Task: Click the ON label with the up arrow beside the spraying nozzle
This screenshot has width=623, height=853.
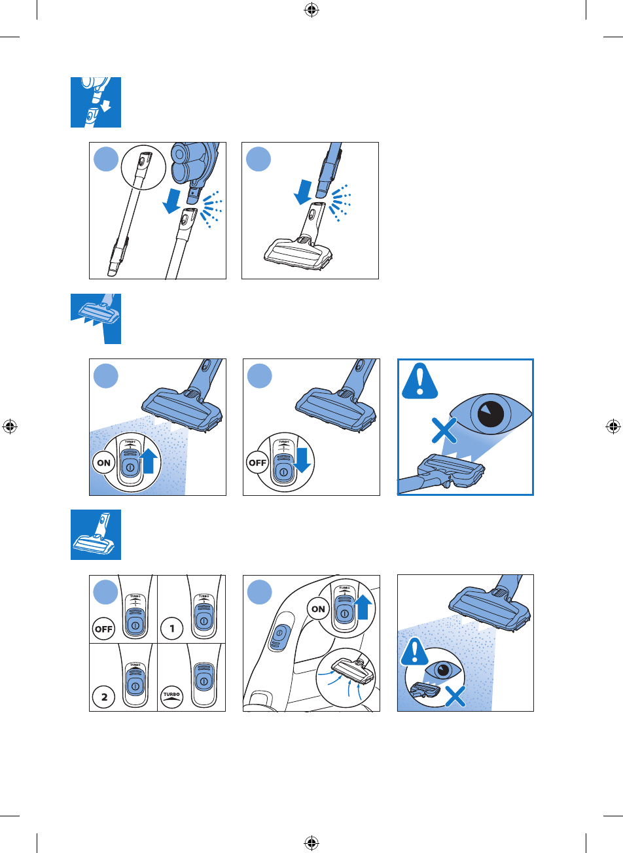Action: coord(103,462)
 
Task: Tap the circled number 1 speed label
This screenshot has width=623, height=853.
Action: coord(172,629)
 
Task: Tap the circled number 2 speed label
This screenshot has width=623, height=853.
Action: coord(104,697)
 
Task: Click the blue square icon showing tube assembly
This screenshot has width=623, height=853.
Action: coord(96,102)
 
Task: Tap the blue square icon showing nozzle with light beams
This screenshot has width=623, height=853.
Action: coord(96,318)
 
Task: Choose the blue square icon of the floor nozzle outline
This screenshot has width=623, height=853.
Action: coord(96,535)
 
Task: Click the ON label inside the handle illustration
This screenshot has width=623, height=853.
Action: coord(319,608)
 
